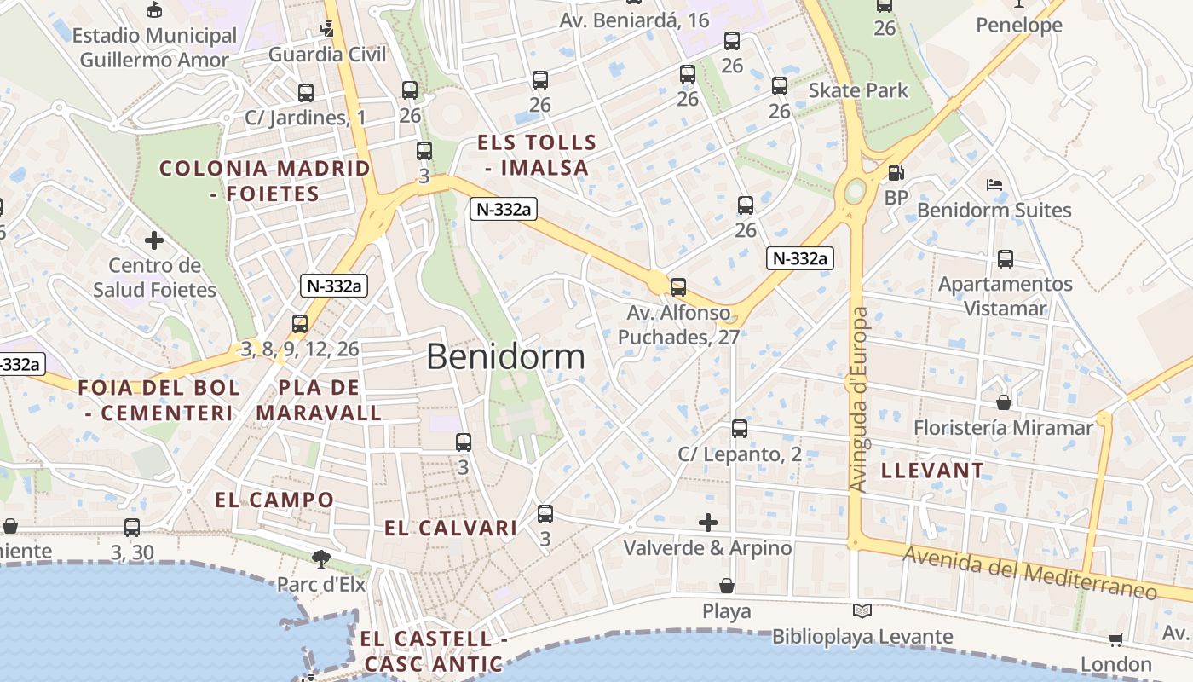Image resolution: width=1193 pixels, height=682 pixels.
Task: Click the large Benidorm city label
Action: click(505, 356)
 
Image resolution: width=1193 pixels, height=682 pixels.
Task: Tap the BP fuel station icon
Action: click(896, 173)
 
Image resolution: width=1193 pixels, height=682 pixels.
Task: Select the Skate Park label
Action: click(858, 90)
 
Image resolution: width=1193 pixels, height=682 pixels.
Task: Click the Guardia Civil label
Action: click(327, 55)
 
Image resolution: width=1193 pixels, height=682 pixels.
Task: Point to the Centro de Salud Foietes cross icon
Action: click(154, 240)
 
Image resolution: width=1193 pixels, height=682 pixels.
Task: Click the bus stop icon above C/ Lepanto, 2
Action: click(740, 429)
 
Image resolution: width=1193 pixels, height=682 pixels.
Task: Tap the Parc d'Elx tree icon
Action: click(321, 559)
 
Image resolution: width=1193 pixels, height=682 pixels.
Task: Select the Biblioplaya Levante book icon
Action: click(862, 611)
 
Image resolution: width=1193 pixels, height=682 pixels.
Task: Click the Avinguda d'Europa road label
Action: click(858, 399)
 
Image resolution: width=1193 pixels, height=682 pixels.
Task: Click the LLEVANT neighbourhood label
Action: click(932, 471)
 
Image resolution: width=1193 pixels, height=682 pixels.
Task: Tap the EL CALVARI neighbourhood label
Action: click(450, 529)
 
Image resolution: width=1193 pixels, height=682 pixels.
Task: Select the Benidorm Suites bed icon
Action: click(994, 184)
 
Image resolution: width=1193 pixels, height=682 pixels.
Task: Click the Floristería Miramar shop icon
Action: click(1004, 402)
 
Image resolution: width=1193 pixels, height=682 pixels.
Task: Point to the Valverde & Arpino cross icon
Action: click(707, 522)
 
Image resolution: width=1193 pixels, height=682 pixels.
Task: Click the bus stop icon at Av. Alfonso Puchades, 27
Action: click(678, 287)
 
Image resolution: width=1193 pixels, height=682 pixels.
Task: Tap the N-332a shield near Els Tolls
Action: click(503, 209)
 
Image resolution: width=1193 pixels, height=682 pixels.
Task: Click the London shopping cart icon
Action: click(1115, 639)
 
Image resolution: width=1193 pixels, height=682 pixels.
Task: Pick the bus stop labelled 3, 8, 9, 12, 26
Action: click(299, 324)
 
